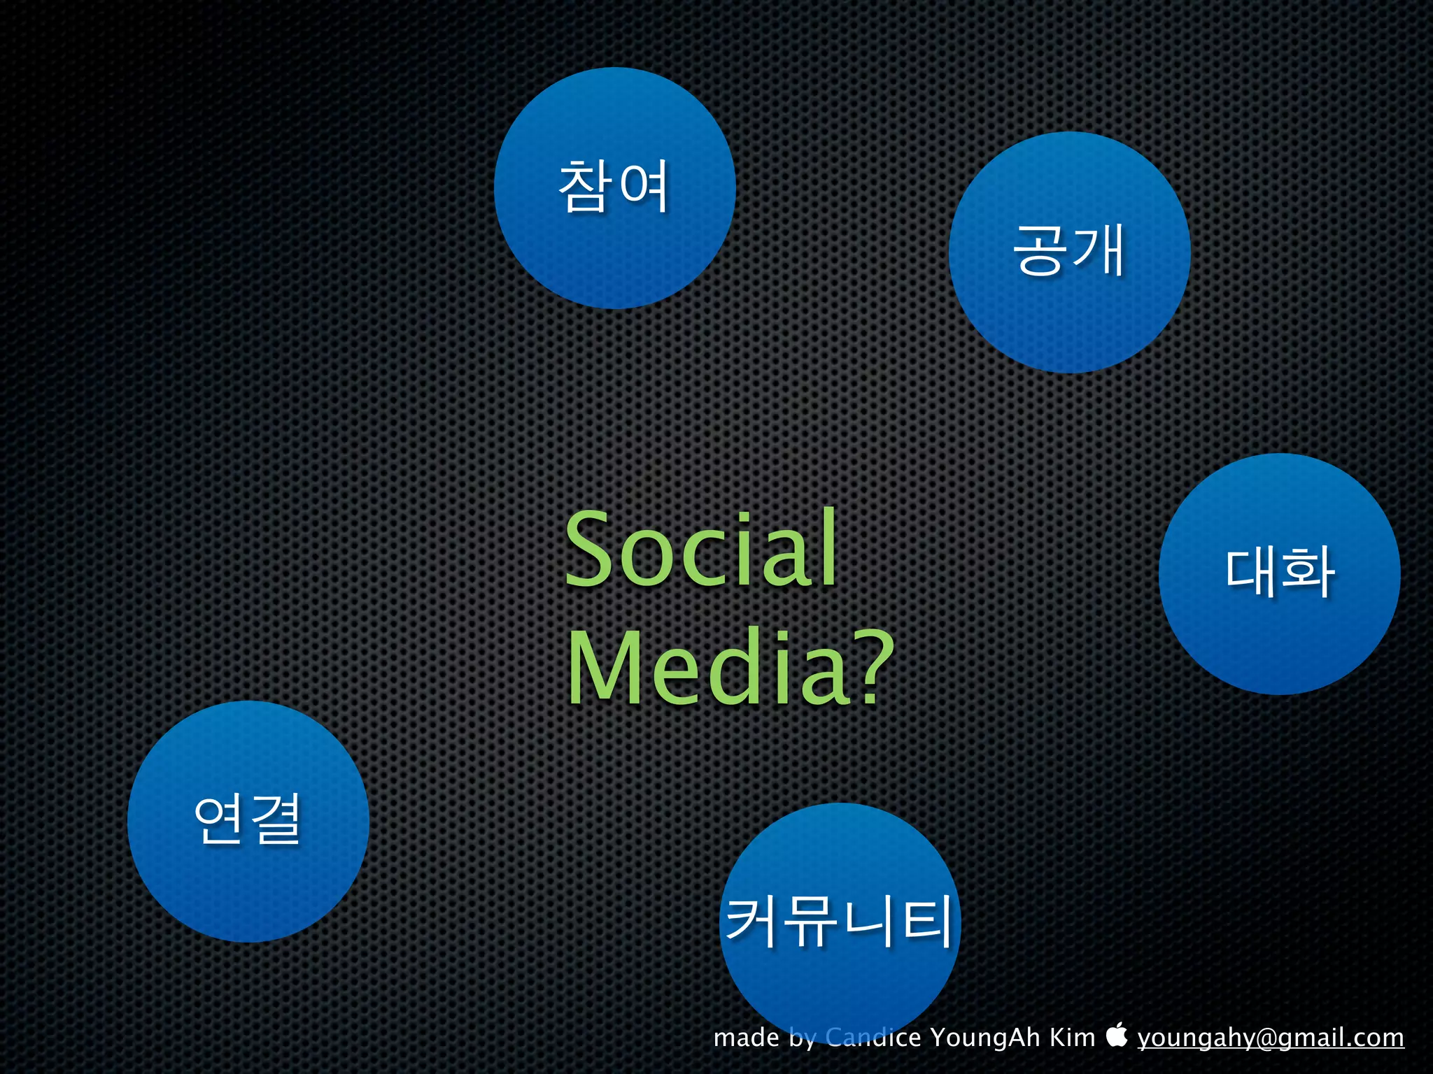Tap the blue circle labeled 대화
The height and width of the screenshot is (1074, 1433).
(x=1279, y=636)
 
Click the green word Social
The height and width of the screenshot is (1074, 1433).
(x=700, y=549)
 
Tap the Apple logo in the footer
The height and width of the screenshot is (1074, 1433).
(x=1117, y=1036)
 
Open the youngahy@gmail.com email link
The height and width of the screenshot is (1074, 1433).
(x=1270, y=1038)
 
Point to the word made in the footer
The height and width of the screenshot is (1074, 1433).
(x=746, y=1038)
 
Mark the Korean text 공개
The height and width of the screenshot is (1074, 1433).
(x=1069, y=250)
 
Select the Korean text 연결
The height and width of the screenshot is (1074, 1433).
(x=248, y=819)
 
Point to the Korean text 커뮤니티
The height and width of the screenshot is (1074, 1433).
(x=840, y=922)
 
